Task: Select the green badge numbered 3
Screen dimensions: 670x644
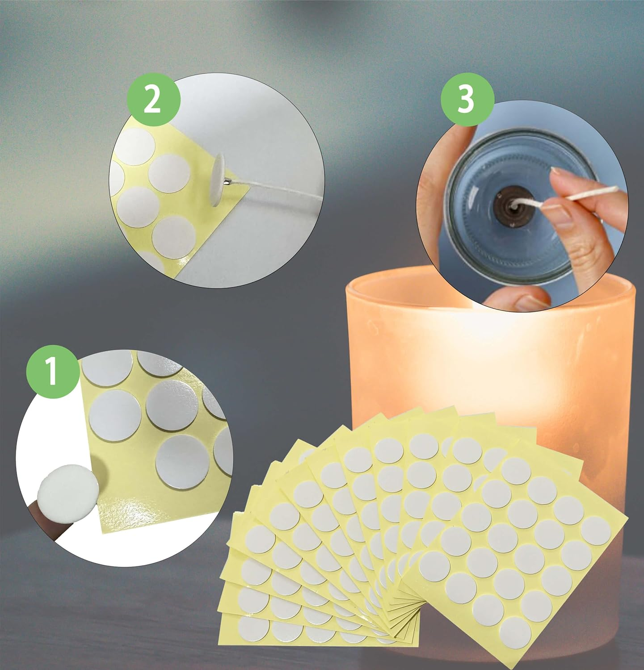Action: point(467,99)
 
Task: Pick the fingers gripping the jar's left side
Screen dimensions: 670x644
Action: point(434,188)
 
